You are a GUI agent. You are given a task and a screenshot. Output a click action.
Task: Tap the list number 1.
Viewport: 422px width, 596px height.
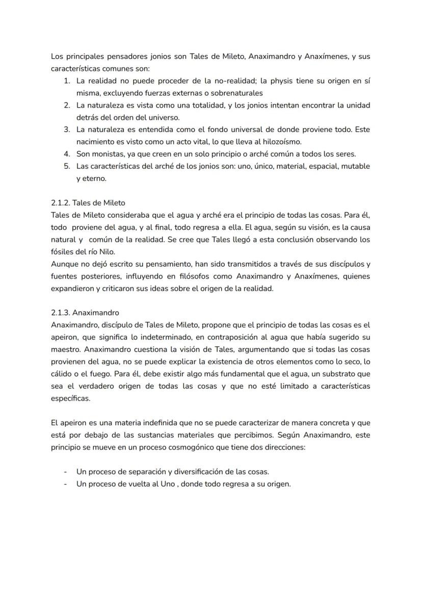(x=66, y=81)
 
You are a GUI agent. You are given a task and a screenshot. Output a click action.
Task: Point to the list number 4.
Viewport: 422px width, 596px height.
(x=66, y=153)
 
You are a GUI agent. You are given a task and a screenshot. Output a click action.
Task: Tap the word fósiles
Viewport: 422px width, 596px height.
(x=63, y=251)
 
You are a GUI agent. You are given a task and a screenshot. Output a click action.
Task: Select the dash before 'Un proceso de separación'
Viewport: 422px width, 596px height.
(x=65, y=472)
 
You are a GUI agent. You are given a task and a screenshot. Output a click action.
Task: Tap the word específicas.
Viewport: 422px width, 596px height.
(x=70, y=398)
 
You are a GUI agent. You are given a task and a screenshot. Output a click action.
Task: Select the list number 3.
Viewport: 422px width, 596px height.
(x=66, y=129)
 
